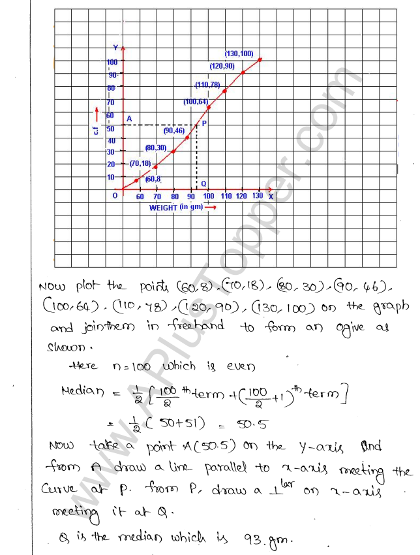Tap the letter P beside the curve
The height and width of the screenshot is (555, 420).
204,122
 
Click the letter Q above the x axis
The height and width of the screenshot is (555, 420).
203,183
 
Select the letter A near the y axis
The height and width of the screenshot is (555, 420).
128,118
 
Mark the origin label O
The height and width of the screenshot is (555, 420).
115,195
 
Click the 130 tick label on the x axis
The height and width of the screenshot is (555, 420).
258,196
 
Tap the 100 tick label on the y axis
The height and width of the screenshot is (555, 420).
112,61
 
